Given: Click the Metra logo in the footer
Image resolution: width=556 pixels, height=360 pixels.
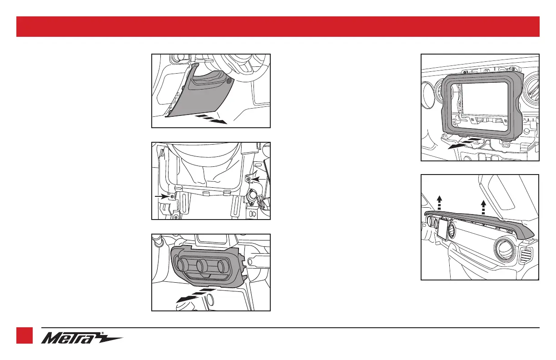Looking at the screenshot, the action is click(82, 339).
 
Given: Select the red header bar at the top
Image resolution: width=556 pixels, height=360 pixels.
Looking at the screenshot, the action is click(278, 26).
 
